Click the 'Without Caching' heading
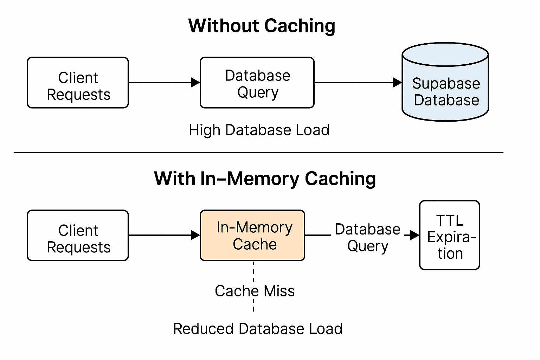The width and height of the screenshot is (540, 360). tap(262, 26)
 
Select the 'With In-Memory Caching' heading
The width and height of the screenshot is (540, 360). tap(265, 179)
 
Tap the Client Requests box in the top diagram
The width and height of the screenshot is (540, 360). tap(78, 83)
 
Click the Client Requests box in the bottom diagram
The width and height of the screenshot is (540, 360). tap(78, 236)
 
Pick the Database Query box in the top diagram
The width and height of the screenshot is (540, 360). tap(257, 83)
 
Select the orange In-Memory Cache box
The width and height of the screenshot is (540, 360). tap(252, 236)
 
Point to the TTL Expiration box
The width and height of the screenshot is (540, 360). tap(449, 236)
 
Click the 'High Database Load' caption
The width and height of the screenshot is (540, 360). tap(259, 130)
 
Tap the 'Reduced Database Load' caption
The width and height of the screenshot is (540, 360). tap(258, 329)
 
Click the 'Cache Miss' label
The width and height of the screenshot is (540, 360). tap(255, 291)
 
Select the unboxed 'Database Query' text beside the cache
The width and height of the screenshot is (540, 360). tap(367, 238)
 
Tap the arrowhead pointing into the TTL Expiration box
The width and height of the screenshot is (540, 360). tap(414, 235)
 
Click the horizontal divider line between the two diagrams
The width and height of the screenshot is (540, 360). tap(258, 153)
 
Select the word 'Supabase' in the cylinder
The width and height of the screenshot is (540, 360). tap(446, 84)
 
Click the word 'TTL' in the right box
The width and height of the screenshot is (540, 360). tap(449, 221)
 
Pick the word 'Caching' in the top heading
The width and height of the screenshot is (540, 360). tap(299, 26)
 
